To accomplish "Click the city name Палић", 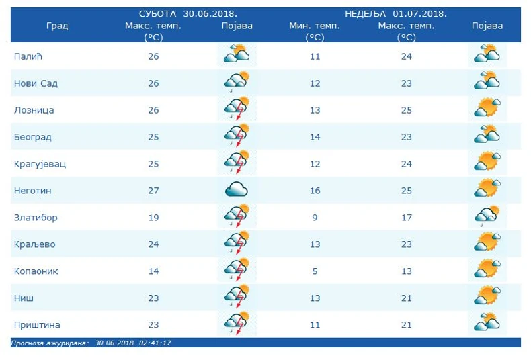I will (28, 56).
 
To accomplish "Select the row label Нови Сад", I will (36, 83).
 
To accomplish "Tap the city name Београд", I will (33, 137).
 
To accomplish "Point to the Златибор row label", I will (36, 218).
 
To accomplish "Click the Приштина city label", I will (37, 325).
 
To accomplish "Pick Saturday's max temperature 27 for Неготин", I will (153, 191).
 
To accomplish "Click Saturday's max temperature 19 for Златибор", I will (153, 218).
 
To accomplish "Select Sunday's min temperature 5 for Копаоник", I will (315, 271).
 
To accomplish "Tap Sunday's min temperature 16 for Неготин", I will (315, 191).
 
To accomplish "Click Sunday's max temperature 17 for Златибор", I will (406, 218).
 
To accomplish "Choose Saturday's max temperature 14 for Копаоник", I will (153, 271).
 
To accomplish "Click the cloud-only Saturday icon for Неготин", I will (237, 190).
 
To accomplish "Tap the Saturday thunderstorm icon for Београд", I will (237, 136).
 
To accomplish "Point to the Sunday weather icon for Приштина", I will (487, 322).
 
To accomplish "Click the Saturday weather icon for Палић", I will (237, 54).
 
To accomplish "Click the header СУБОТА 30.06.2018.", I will (192, 13).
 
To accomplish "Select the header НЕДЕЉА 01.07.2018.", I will (396, 13).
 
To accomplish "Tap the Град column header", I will (57, 26).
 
